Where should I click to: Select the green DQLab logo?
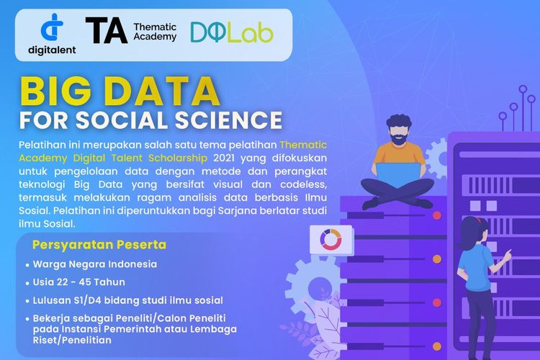[231, 32]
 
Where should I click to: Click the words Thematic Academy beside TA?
[155, 32]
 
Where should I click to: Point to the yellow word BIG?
[57, 92]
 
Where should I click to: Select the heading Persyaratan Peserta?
[99, 245]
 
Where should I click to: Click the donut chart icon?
[333, 240]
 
